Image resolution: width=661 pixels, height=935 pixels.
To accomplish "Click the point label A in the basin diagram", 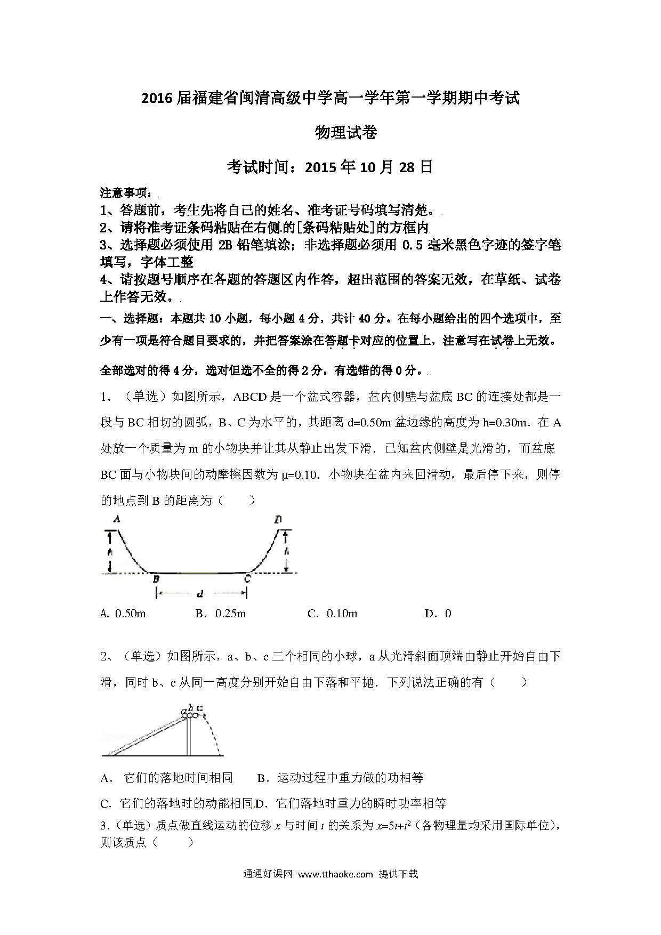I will [x=116, y=519].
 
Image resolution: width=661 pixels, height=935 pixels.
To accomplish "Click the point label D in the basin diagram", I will [x=278, y=519].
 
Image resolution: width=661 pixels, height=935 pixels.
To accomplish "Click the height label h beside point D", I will [x=286, y=551].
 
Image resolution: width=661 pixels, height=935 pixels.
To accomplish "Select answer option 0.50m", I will [x=123, y=614].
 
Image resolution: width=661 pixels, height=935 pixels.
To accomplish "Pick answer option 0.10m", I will [x=333, y=614].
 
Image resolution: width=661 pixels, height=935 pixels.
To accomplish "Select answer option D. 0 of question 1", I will [x=438, y=614].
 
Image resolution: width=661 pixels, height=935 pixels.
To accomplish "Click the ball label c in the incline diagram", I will [x=200, y=708].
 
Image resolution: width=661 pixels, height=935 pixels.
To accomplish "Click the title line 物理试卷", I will [x=346, y=132].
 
